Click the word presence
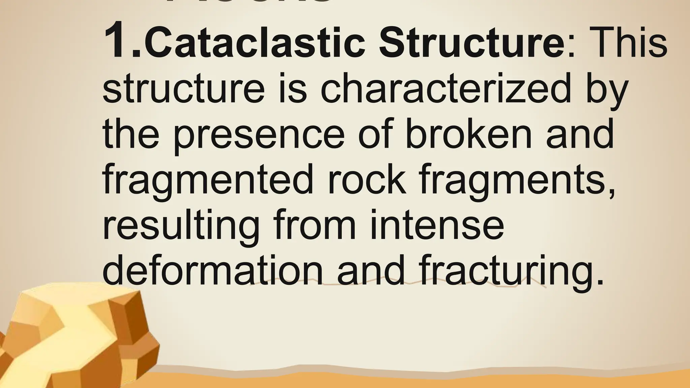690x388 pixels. (259, 135)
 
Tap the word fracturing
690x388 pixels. (502, 271)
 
